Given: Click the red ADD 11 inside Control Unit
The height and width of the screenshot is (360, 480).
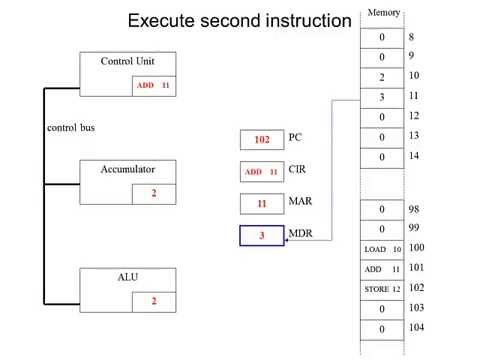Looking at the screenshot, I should click(x=154, y=87).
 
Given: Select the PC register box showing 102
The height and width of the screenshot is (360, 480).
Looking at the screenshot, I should click(x=262, y=140).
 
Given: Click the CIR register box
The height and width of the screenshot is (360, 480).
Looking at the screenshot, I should click(x=262, y=172).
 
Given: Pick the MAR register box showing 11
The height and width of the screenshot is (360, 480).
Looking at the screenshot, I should click(x=262, y=204).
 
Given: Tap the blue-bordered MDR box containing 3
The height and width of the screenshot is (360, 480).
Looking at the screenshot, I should click(x=262, y=237).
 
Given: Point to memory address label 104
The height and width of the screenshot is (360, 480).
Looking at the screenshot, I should click(x=416, y=327).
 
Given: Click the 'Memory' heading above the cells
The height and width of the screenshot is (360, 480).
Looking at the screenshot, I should click(x=384, y=12).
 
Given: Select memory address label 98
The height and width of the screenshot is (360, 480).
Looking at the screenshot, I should click(x=414, y=208).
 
